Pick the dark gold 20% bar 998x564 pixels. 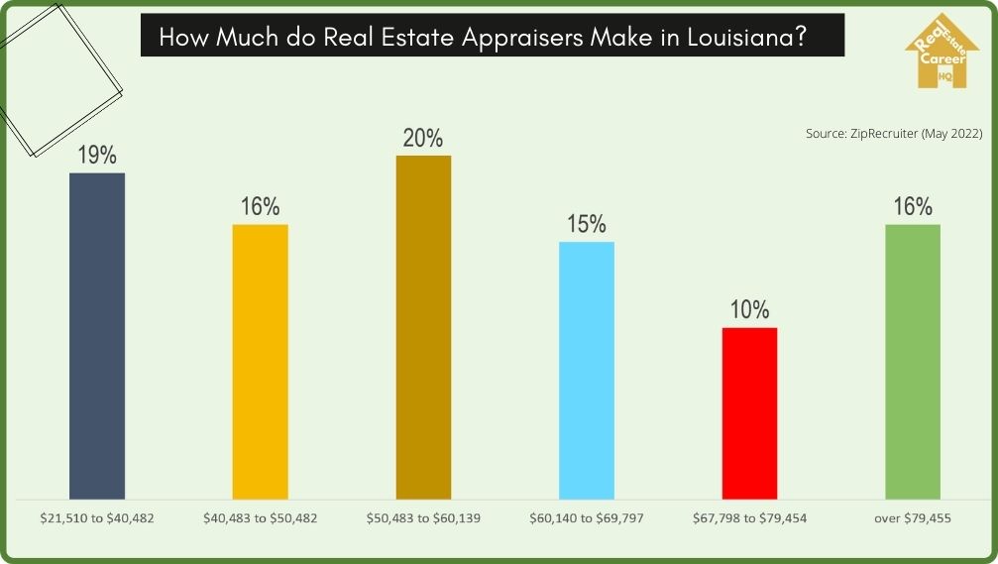423,326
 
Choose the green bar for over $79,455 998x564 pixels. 913,361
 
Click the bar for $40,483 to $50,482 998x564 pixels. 261,361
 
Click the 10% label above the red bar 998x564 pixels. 750,310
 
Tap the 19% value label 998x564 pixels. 97,156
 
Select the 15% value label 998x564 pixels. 587,225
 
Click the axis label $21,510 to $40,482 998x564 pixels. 97,518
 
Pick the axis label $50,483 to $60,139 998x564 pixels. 423,518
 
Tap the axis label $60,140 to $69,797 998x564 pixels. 587,518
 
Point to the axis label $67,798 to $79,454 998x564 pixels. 750,518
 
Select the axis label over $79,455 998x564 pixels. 913,518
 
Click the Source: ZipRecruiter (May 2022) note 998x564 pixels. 893,133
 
